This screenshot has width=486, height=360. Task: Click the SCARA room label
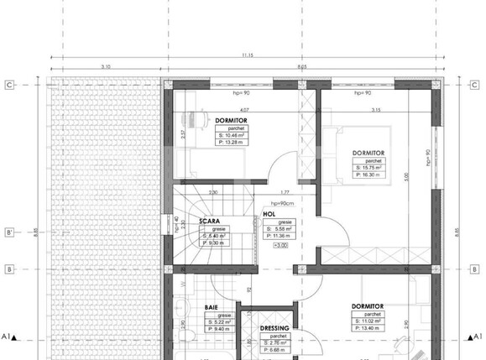209,222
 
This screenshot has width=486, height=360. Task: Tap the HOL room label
269,214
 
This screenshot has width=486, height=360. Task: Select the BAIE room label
212,308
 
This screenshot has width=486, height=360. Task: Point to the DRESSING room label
274,328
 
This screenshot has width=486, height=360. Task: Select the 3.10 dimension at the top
106,66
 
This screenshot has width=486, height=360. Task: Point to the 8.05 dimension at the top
301,66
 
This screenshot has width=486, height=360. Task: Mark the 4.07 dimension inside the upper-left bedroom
243,110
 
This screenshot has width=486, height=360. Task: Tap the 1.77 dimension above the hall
285,191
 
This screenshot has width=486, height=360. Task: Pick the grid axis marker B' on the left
9,232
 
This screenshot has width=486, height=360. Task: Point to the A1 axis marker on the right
478,337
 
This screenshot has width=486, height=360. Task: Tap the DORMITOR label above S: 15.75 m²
368,152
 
